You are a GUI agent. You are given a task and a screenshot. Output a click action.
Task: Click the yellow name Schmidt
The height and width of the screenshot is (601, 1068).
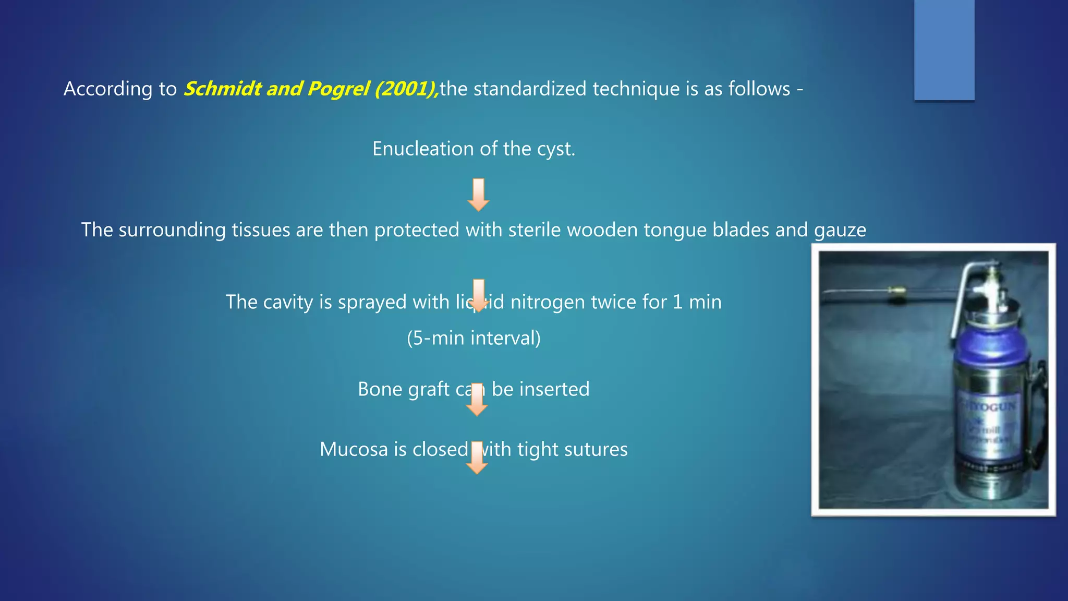pyautogui.click(x=222, y=89)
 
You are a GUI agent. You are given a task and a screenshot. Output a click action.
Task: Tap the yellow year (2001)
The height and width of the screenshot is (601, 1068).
pyautogui.click(x=406, y=89)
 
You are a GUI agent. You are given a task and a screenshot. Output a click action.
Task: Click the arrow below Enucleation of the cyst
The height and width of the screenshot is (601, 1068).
pyautogui.click(x=478, y=195)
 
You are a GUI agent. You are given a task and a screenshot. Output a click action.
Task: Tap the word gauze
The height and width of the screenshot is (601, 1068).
pyautogui.click(x=840, y=231)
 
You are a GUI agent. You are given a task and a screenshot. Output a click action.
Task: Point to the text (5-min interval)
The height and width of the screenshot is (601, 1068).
pyautogui.click(x=474, y=338)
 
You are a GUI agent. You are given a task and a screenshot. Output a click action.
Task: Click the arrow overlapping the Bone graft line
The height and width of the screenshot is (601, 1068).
pyautogui.click(x=477, y=400)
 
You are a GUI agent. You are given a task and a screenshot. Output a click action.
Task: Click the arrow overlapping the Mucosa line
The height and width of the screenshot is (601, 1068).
pyautogui.click(x=477, y=458)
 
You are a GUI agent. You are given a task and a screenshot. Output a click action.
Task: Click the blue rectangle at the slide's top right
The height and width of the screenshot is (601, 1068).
pyautogui.click(x=944, y=50)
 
